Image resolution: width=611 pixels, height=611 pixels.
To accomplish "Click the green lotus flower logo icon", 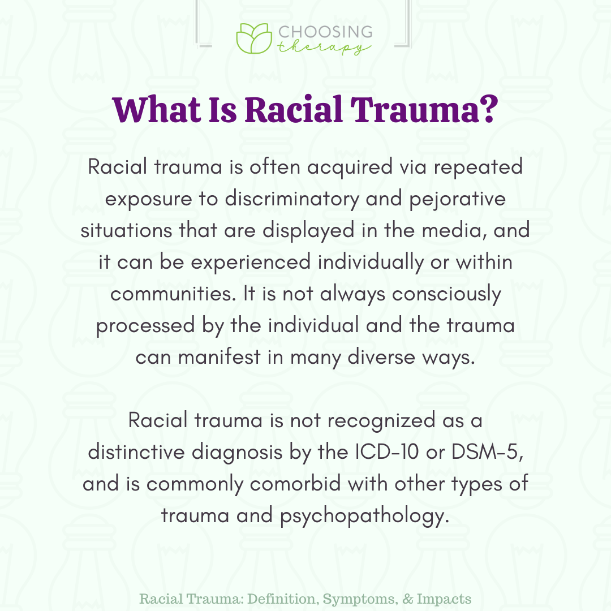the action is tap(253, 38).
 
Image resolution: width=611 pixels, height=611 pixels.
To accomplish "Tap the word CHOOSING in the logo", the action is tap(325, 32).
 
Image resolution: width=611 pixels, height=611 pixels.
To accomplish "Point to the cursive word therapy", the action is tap(324, 48).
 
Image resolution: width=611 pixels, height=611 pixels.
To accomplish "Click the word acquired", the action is tap(350, 167).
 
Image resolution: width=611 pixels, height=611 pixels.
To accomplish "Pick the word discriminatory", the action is tap(292, 199).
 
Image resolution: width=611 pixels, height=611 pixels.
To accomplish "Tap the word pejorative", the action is tap(458, 199).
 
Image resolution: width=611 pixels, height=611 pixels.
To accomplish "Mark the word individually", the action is tap(370, 263).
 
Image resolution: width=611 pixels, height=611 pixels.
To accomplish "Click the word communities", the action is tap(174, 294).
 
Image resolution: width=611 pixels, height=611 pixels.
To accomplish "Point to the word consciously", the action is tap(446, 294).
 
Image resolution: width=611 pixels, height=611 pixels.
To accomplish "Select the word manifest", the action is tap(220, 358).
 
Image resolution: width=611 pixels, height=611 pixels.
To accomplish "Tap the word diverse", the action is tap(381, 358).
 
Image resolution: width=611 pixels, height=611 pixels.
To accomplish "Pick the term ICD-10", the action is tap(387, 453).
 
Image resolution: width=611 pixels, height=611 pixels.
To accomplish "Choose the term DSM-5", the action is tap(487, 453).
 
